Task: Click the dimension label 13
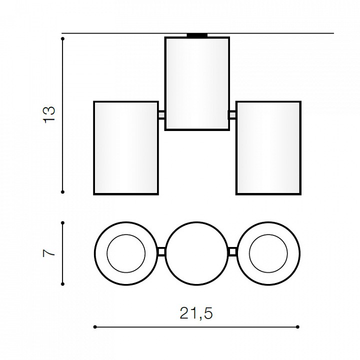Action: [x=49, y=115]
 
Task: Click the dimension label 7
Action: [x=49, y=253]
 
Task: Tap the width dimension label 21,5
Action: [x=196, y=313]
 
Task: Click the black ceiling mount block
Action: [x=197, y=35]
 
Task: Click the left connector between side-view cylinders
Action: [x=161, y=115]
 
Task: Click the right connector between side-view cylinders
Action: [x=232, y=115]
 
